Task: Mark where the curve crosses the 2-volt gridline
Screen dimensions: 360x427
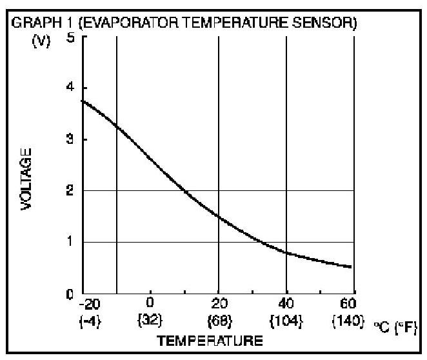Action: pyautogui.click(x=184, y=191)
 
